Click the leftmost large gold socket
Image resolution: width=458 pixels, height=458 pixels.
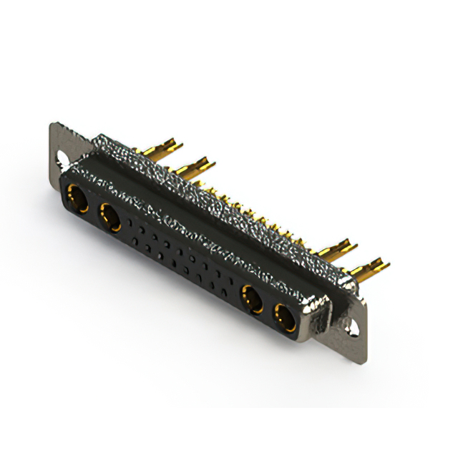[x=77, y=198]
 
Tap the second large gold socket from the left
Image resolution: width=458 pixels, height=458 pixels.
[x=111, y=217]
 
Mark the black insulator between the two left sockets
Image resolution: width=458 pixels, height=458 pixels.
[x=94, y=209]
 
